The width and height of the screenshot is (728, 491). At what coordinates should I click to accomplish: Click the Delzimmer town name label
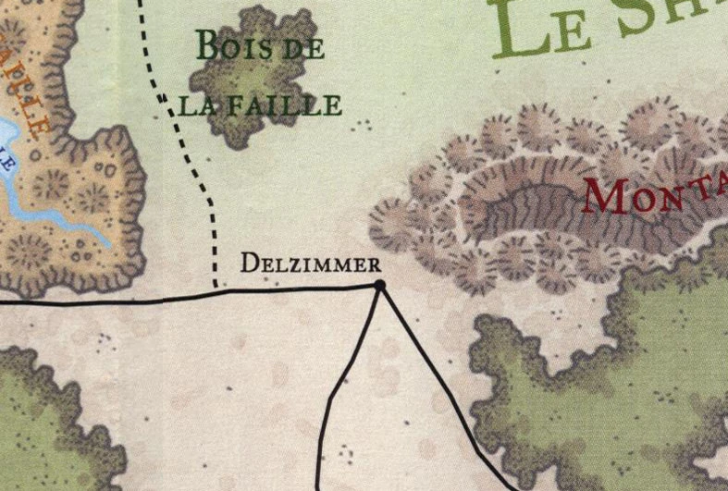[x=310, y=263]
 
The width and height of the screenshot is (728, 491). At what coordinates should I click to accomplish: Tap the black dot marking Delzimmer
[x=378, y=286]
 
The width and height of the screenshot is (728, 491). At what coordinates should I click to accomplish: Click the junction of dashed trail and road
[x=216, y=291]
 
